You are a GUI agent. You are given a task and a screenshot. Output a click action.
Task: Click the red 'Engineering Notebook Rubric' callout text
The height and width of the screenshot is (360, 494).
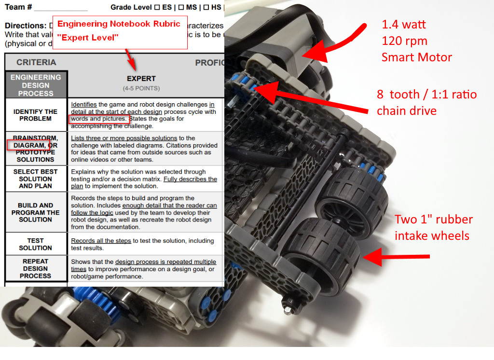[x=119, y=24]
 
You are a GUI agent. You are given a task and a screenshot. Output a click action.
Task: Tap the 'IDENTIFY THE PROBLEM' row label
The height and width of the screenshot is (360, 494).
[x=36, y=115]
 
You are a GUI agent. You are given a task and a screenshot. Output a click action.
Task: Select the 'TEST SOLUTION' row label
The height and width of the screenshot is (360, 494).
[x=36, y=244]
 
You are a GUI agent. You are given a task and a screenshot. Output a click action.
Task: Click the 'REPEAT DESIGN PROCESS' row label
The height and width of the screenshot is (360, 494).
[x=36, y=268]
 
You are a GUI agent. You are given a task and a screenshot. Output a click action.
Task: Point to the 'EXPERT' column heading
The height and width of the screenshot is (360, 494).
[x=141, y=79]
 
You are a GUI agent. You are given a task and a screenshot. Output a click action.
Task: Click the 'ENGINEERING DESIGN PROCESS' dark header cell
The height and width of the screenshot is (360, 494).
[x=36, y=85]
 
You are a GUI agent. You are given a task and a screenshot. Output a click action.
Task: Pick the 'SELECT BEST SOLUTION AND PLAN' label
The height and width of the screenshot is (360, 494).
[x=36, y=179]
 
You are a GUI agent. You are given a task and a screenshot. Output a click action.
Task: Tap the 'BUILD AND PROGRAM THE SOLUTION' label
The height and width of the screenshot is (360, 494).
[x=36, y=212]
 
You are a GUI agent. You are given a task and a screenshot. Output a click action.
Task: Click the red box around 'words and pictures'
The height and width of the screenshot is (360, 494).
[x=99, y=119]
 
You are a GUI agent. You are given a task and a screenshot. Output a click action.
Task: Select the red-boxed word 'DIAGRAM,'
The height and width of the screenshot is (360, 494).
[x=28, y=145]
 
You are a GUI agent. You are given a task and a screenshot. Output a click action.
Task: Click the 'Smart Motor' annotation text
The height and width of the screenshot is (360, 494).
[x=416, y=57]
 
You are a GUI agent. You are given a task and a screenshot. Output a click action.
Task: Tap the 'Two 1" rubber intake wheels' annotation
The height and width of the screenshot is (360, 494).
[x=433, y=227]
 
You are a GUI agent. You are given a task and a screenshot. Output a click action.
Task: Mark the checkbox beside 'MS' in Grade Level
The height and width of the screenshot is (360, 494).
[x=181, y=7]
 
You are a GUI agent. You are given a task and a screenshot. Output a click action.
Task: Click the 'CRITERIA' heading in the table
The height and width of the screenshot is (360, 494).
[x=36, y=62]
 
